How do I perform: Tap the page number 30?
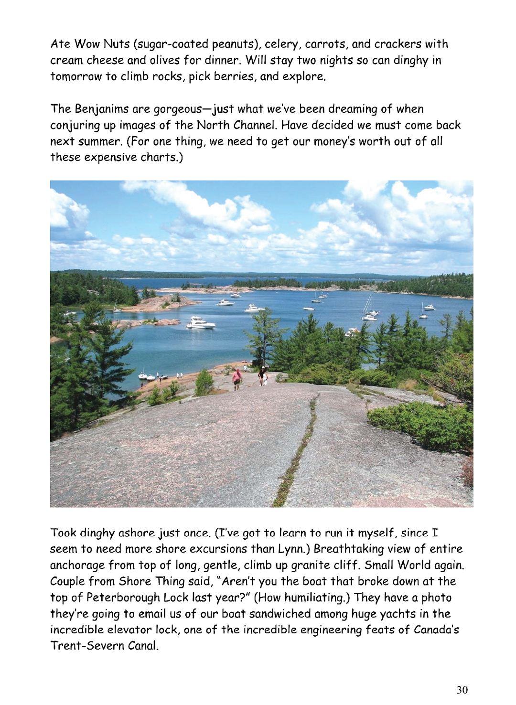point(462,690)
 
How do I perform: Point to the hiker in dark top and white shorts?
point(263,375)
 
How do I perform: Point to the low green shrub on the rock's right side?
point(420,423)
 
